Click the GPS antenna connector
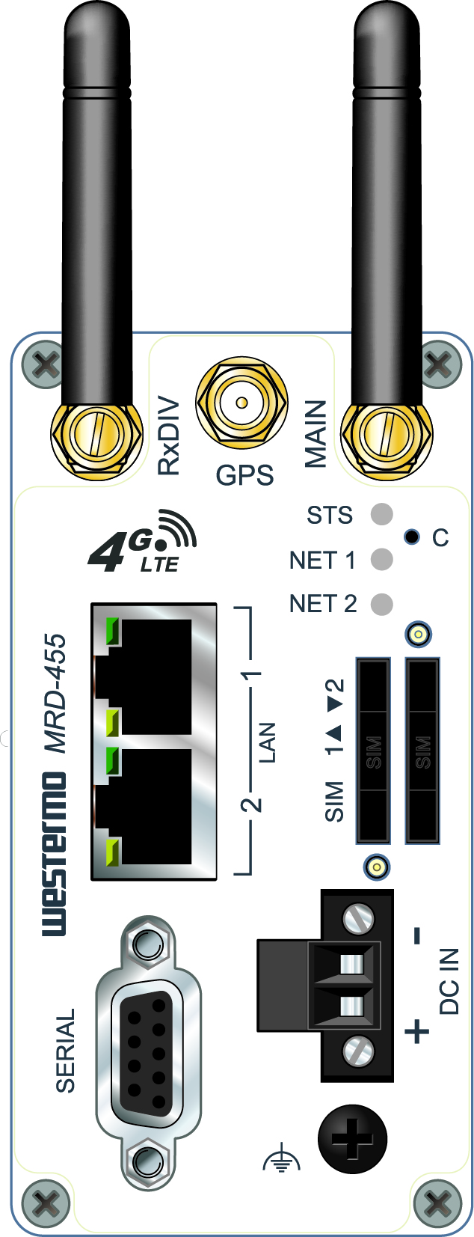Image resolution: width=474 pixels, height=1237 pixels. (x=241, y=403)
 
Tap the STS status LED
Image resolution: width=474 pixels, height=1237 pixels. (x=381, y=515)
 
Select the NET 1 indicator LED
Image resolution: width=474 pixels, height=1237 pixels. (x=381, y=559)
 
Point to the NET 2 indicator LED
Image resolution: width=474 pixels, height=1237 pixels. (x=381, y=604)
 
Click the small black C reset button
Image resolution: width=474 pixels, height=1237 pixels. (x=411, y=537)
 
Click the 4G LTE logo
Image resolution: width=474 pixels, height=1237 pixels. (x=142, y=542)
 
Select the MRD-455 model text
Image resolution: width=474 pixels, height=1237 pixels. (x=55, y=693)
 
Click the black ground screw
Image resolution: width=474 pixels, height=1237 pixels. (x=352, y=1140)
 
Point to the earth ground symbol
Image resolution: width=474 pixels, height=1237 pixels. (x=281, y=1160)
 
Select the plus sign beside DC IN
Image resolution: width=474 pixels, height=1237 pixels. (x=417, y=1032)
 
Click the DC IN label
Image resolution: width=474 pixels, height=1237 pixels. (x=449, y=981)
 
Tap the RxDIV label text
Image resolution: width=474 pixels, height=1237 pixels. (x=169, y=436)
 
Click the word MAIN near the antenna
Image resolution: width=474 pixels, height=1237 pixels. (x=316, y=434)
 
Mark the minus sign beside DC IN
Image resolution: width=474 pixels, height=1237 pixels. (x=417, y=935)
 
